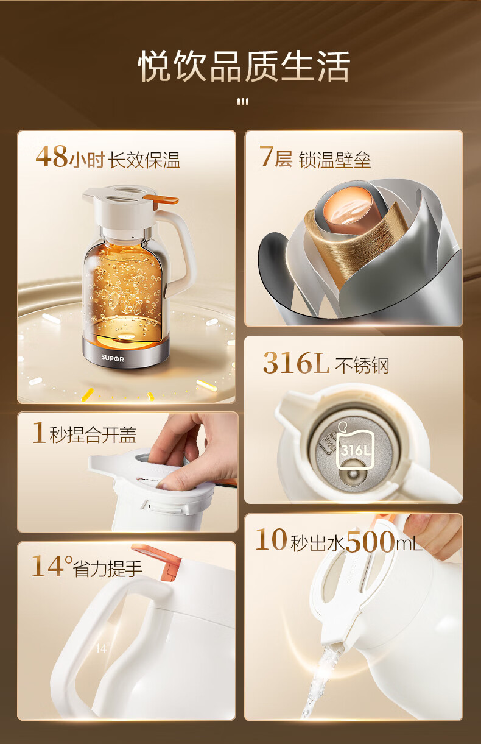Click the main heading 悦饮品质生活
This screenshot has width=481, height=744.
point(244,66)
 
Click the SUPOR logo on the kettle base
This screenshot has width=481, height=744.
point(113,358)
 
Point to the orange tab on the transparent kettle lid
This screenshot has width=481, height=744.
point(161,199)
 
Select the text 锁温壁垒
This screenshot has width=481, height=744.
point(335,160)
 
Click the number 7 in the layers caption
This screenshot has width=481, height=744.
point(266,156)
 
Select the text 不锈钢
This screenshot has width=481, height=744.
point(362,366)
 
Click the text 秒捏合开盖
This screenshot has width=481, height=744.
point(93,434)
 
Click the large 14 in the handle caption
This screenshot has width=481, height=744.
point(47,566)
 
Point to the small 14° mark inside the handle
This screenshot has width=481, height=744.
point(102,648)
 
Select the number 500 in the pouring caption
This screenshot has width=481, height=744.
point(370,541)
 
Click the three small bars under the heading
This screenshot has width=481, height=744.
point(243,102)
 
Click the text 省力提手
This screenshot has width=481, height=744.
point(108,569)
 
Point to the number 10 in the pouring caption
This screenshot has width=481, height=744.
point(271,540)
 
